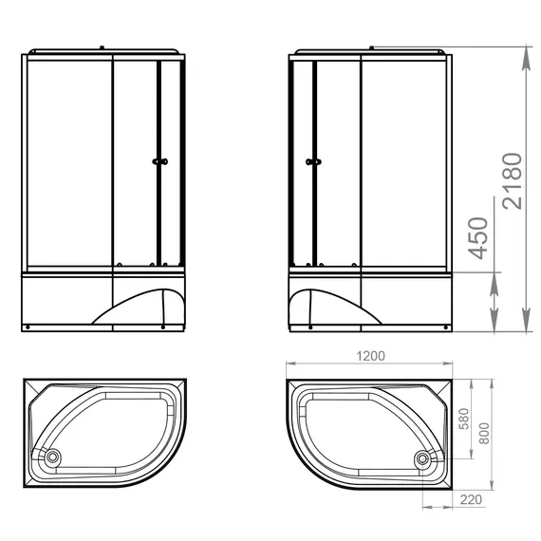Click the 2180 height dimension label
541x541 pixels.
(512, 181)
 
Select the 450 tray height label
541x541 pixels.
(478, 238)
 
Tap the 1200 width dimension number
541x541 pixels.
(370, 356)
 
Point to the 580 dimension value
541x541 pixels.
(465, 419)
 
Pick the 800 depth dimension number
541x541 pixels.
(484, 434)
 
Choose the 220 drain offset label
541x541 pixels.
(471, 499)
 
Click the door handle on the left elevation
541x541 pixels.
(159, 161)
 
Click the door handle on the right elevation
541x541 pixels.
(313, 161)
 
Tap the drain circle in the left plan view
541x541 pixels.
(52, 457)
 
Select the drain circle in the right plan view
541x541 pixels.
(422, 458)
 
